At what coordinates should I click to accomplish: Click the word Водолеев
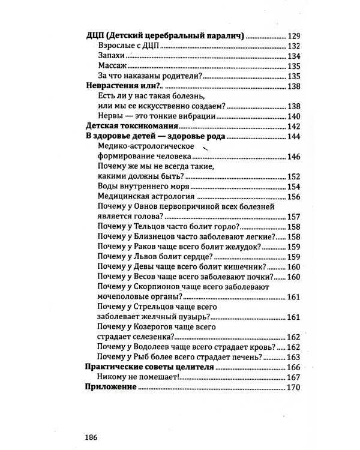click(x=152, y=347)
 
